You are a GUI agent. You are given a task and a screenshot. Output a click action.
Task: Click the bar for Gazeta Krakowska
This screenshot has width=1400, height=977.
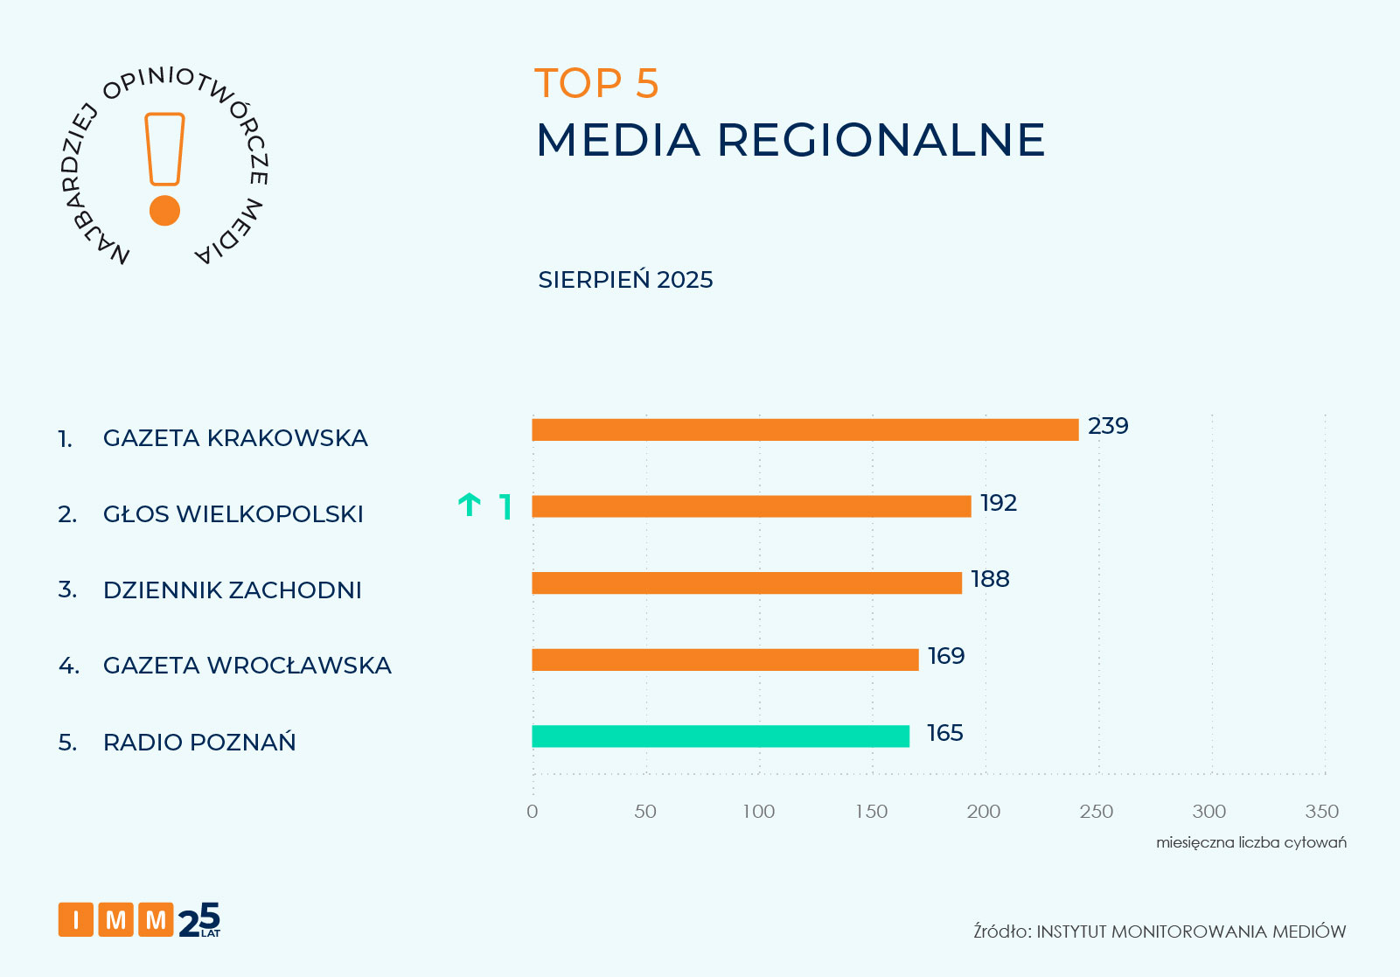tap(804, 429)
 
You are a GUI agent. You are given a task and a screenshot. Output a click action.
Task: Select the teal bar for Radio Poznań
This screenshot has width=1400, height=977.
tap(721, 736)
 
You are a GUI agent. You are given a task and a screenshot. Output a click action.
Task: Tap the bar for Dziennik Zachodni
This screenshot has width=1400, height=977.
tap(747, 583)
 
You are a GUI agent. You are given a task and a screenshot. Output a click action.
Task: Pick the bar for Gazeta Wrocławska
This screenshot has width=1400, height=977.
tap(725, 659)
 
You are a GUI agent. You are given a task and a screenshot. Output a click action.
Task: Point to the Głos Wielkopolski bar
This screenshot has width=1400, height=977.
tap(751, 506)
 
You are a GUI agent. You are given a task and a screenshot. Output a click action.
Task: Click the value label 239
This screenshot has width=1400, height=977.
tap(1108, 426)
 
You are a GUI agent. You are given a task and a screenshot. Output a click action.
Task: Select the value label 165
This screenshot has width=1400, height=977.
tap(944, 733)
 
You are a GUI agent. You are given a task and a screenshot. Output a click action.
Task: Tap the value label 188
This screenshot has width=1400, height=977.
tap(990, 579)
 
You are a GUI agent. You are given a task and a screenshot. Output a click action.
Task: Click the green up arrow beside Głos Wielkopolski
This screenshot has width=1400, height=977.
tap(470, 505)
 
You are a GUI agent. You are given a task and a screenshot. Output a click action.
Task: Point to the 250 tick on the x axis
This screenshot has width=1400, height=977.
tap(1097, 812)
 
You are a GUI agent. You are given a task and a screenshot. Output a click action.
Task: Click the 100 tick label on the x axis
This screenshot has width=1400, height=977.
tap(758, 812)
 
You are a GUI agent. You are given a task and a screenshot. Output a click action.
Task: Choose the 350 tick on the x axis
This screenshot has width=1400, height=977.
tap(1321, 812)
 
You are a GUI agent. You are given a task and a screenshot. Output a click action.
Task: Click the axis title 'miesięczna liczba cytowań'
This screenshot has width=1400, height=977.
tap(1250, 842)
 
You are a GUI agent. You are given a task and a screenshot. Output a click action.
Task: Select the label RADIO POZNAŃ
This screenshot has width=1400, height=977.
tap(199, 743)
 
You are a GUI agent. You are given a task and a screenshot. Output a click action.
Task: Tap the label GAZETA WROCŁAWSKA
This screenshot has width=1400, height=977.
tap(247, 666)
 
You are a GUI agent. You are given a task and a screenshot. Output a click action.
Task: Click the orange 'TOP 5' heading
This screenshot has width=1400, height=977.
tap(596, 84)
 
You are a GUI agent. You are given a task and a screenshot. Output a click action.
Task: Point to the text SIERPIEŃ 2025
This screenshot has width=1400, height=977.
tap(625, 280)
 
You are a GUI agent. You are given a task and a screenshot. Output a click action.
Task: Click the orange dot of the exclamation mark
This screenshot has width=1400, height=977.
tap(164, 211)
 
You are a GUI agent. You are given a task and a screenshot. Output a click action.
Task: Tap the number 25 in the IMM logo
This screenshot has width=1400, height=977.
tap(199, 919)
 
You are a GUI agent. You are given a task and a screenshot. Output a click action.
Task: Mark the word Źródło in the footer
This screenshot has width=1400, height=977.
tap(1001, 932)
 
